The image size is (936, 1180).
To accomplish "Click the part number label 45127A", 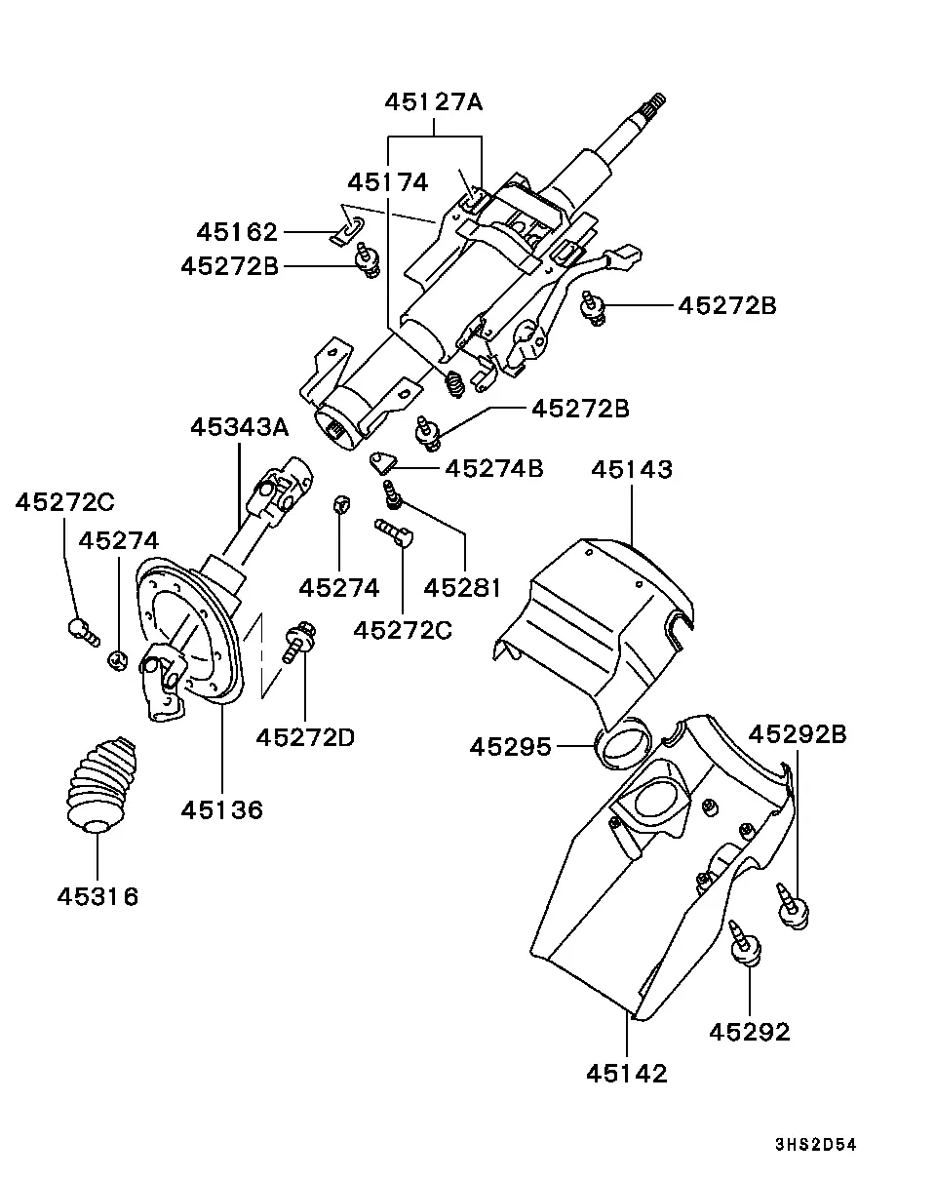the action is [433, 102].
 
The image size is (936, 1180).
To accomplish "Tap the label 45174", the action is [388, 182].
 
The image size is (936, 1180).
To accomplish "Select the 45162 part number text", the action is [238, 232].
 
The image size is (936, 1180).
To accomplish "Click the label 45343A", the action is [240, 427].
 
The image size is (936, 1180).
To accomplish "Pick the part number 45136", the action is [222, 809].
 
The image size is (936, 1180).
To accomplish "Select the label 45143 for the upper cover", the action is [632, 470].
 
